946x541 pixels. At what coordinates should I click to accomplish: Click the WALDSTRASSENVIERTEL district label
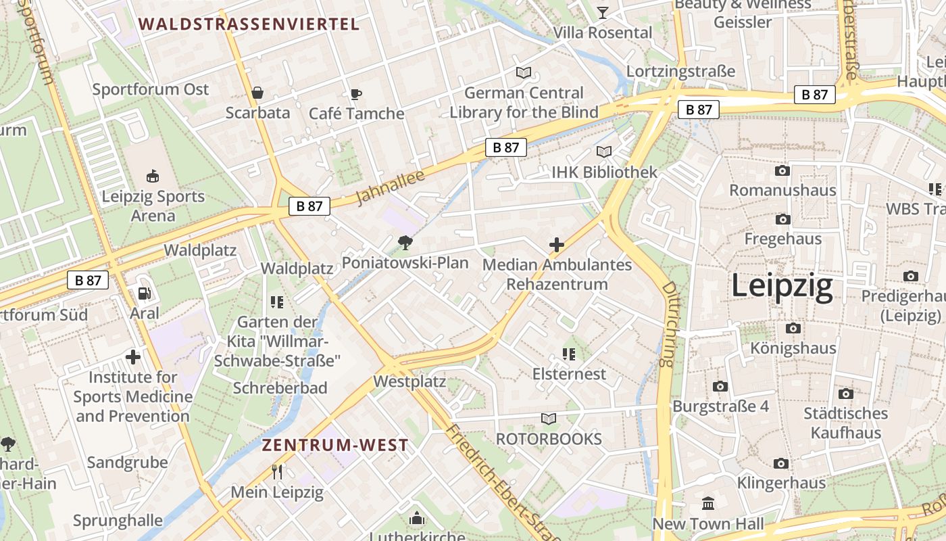249,24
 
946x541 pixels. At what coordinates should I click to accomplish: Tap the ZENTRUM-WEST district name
335,445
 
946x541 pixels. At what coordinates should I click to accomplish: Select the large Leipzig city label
782,286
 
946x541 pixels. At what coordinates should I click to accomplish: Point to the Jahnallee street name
390,187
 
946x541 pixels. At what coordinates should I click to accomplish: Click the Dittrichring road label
668,325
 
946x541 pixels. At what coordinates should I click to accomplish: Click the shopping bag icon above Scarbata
257,93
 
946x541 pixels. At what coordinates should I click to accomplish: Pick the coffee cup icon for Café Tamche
356,94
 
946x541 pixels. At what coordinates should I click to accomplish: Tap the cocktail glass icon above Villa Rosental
603,12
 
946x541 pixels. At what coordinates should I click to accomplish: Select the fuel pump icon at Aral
144,293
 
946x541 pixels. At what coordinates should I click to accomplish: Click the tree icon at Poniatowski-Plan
405,242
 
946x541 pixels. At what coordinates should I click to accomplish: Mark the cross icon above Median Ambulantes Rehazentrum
557,245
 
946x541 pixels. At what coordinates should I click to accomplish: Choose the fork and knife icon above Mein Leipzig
277,471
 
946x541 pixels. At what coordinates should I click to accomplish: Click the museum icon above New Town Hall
708,503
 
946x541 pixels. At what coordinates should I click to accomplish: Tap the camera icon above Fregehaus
783,219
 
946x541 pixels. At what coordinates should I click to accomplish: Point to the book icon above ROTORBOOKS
549,419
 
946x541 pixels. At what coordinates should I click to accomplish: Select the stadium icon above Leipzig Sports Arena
153,177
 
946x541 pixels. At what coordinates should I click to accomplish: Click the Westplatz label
409,381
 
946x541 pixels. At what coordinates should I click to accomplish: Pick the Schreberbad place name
280,387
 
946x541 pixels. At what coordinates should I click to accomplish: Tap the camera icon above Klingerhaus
781,463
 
